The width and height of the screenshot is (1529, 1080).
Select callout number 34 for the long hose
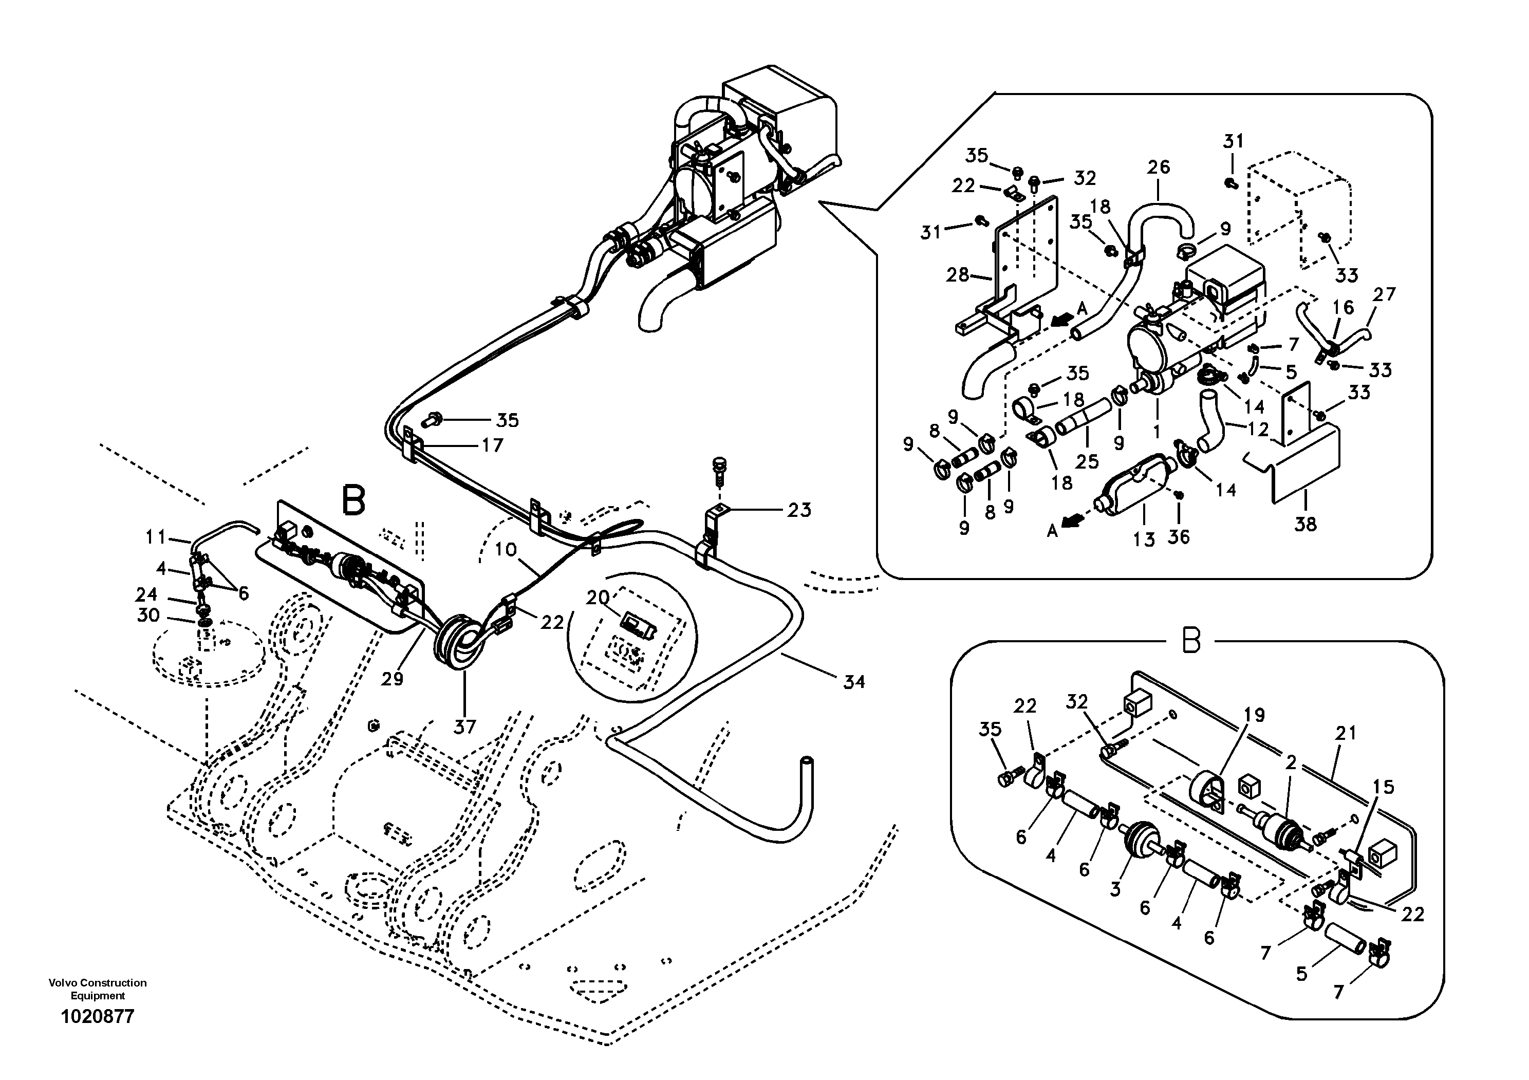pyautogui.click(x=854, y=681)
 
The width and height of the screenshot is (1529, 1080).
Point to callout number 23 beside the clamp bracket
pyautogui.click(x=798, y=510)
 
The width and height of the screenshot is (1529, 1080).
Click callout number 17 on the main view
pyautogui.click(x=492, y=445)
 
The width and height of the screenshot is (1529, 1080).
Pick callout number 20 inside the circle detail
pyautogui.click(x=598, y=597)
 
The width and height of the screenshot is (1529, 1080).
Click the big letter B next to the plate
pyautogui.click(x=353, y=501)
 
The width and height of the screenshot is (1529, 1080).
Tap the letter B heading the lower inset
pyautogui.click(x=1191, y=641)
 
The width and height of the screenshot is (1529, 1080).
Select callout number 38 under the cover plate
pyautogui.click(x=1305, y=524)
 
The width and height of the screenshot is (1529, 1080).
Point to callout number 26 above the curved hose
pyautogui.click(x=1158, y=166)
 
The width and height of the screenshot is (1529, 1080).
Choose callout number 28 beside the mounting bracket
pyautogui.click(x=958, y=274)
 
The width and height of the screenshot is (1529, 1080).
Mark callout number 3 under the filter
pyautogui.click(x=1115, y=889)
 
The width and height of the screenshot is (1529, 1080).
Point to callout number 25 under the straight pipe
pyautogui.click(x=1087, y=461)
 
